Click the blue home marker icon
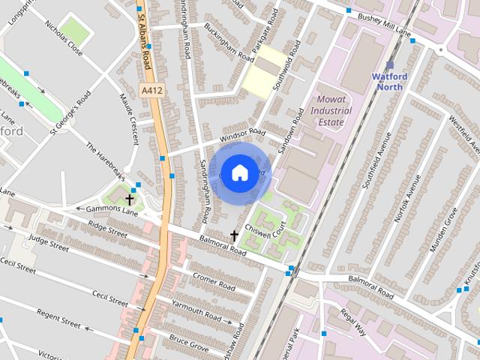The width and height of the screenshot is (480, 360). tap(238, 172)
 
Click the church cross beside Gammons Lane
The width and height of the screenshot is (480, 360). tap(130, 199)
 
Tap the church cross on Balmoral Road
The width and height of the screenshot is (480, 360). tap(234, 235)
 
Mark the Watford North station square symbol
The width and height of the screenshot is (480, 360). tap(390, 64)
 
